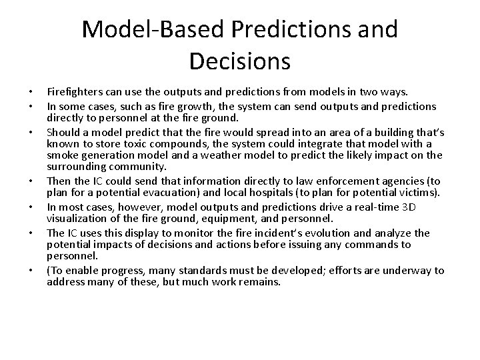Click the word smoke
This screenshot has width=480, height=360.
coord(61,155)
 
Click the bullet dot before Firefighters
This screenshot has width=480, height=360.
coord(31,92)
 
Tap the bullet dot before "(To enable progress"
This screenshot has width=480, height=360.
coord(31,271)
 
